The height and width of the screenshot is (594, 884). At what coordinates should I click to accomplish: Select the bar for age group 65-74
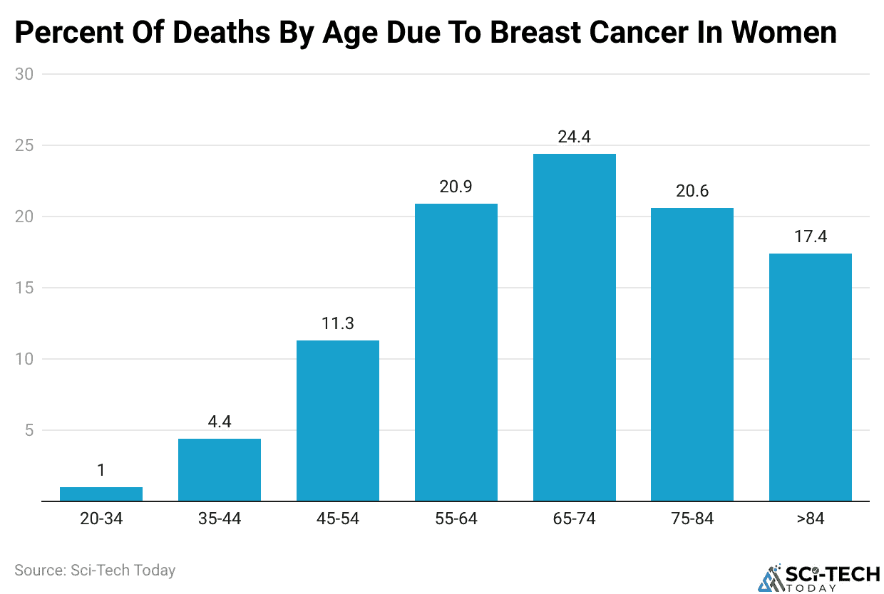(x=574, y=328)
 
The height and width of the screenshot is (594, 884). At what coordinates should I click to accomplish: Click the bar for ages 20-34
(x=101, y=494)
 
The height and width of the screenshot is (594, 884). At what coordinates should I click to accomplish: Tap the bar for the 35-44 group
(x=219, y=470)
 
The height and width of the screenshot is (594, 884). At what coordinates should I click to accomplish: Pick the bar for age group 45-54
(x=337, y=420)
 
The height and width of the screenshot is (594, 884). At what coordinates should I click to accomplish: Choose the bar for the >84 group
(x=811, y=377)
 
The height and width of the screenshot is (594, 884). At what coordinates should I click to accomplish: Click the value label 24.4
(x=574, y=137)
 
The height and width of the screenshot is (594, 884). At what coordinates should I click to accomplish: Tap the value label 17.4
(x=811, y=236)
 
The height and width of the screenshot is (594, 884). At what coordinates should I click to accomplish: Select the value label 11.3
(x=337, y=323)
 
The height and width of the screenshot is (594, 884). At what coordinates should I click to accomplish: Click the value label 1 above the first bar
(x=101, y=470)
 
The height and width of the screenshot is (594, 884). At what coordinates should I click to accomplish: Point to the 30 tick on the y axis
(x=24, y=74)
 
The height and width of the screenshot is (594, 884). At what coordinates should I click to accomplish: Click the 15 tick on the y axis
(x=24, y=288)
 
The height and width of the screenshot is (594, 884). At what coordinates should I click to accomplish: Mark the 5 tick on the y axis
(x=29, y=430)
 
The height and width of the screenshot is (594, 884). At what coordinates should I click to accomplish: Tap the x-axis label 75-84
(x=692, y=519)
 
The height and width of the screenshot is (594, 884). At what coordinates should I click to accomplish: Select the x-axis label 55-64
(x=456, y=519)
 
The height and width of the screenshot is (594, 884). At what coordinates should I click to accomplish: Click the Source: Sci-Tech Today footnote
(x=95, y=570)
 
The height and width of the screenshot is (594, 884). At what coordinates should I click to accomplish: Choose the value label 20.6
(x=692, y=191)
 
